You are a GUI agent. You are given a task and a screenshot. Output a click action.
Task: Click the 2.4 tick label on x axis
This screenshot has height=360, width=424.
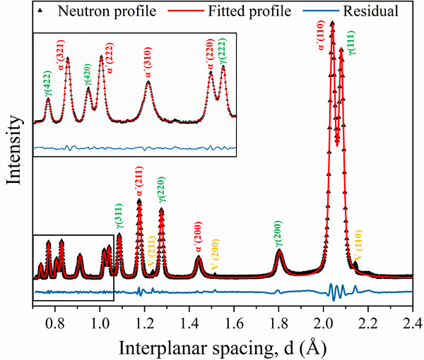point(412,325)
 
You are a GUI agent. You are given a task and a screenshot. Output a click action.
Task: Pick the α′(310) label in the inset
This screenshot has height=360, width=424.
point(148,68)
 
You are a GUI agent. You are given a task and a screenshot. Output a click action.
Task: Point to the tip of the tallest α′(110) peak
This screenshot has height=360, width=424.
point(332,23)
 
